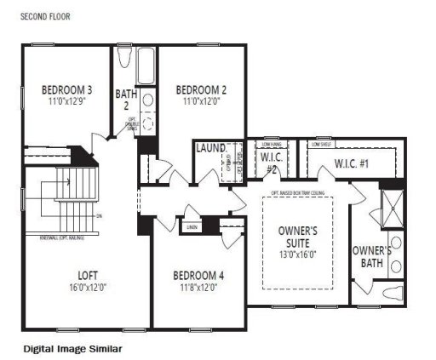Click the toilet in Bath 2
(x=125, y=60)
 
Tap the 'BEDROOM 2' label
(x=201, y=89)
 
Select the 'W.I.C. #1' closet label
(x=352, y=163)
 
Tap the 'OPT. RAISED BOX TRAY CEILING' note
(x=298, y=193)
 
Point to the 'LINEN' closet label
(x=192, y=226)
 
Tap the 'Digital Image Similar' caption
(x=72, y=348)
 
